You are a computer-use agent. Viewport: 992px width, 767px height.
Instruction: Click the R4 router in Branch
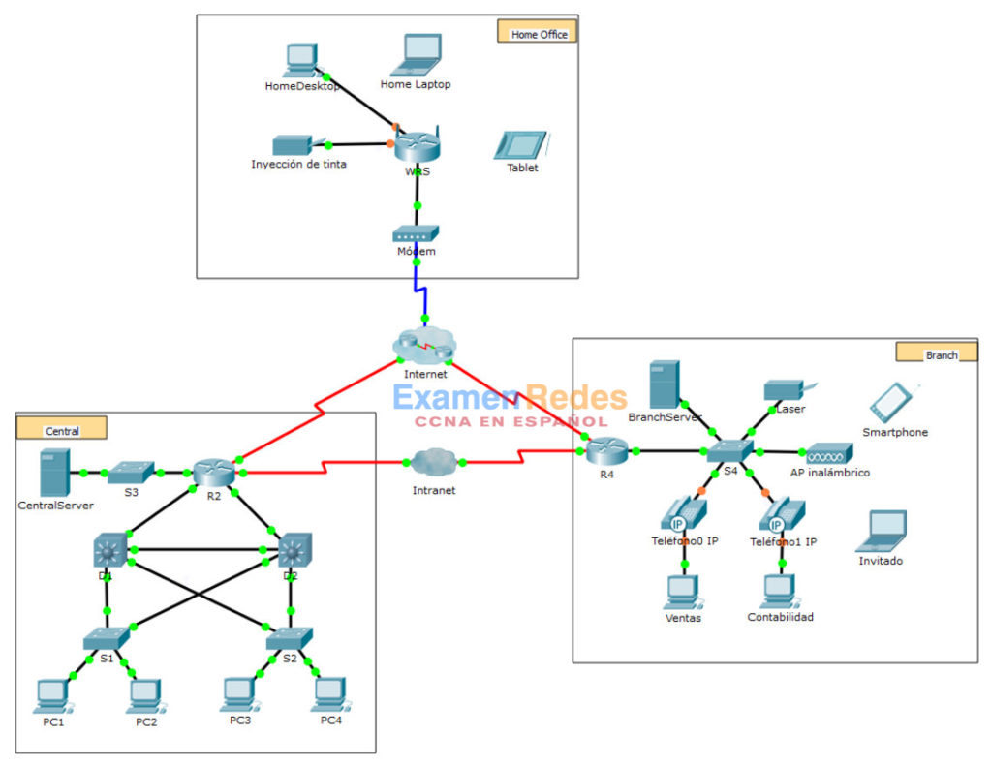[606, 449]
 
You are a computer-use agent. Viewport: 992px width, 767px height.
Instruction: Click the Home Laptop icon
[416, 55]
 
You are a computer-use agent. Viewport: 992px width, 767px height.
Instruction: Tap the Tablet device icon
[520, 144]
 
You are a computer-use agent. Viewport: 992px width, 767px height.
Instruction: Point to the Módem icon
[416, 233]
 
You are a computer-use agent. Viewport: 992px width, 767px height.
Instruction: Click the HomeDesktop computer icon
[300, 60]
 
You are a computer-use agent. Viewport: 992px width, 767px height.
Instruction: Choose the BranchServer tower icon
[664, 384]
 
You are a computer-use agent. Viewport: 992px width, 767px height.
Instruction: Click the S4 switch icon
[729, 451]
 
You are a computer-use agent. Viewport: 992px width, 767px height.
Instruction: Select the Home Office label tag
[538, 33]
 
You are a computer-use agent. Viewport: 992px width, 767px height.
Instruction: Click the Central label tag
[62, 429]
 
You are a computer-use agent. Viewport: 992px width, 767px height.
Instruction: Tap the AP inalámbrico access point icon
[829, 452]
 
